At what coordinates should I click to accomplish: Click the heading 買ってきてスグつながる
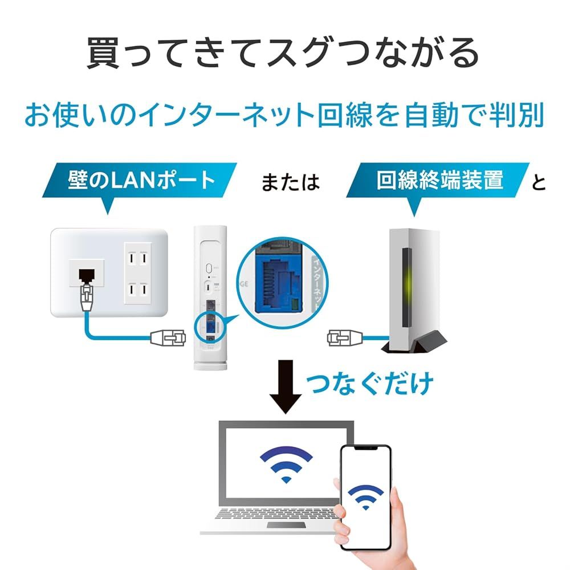click(x=283, y=54)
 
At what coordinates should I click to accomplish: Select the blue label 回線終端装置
click(x=439, y=180)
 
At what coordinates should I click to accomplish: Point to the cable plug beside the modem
click(x=343, y=337)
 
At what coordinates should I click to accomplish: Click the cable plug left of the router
click(x=168, y=337)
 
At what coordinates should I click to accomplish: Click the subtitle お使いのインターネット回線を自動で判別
click(x=283, y=116)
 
